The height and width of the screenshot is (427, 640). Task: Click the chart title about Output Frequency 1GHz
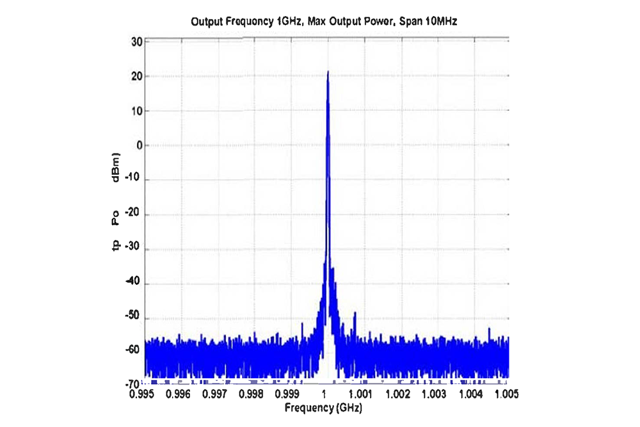[324, 22]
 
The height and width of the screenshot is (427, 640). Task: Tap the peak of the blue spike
[328, 72]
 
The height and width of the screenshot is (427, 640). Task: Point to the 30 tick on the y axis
[136, 42]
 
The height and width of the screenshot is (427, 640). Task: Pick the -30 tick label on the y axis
[134, 249]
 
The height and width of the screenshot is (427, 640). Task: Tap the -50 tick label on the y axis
[134, 318]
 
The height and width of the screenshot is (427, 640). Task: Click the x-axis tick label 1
[325, 393]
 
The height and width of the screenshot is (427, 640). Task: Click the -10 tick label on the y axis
[134, 180]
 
